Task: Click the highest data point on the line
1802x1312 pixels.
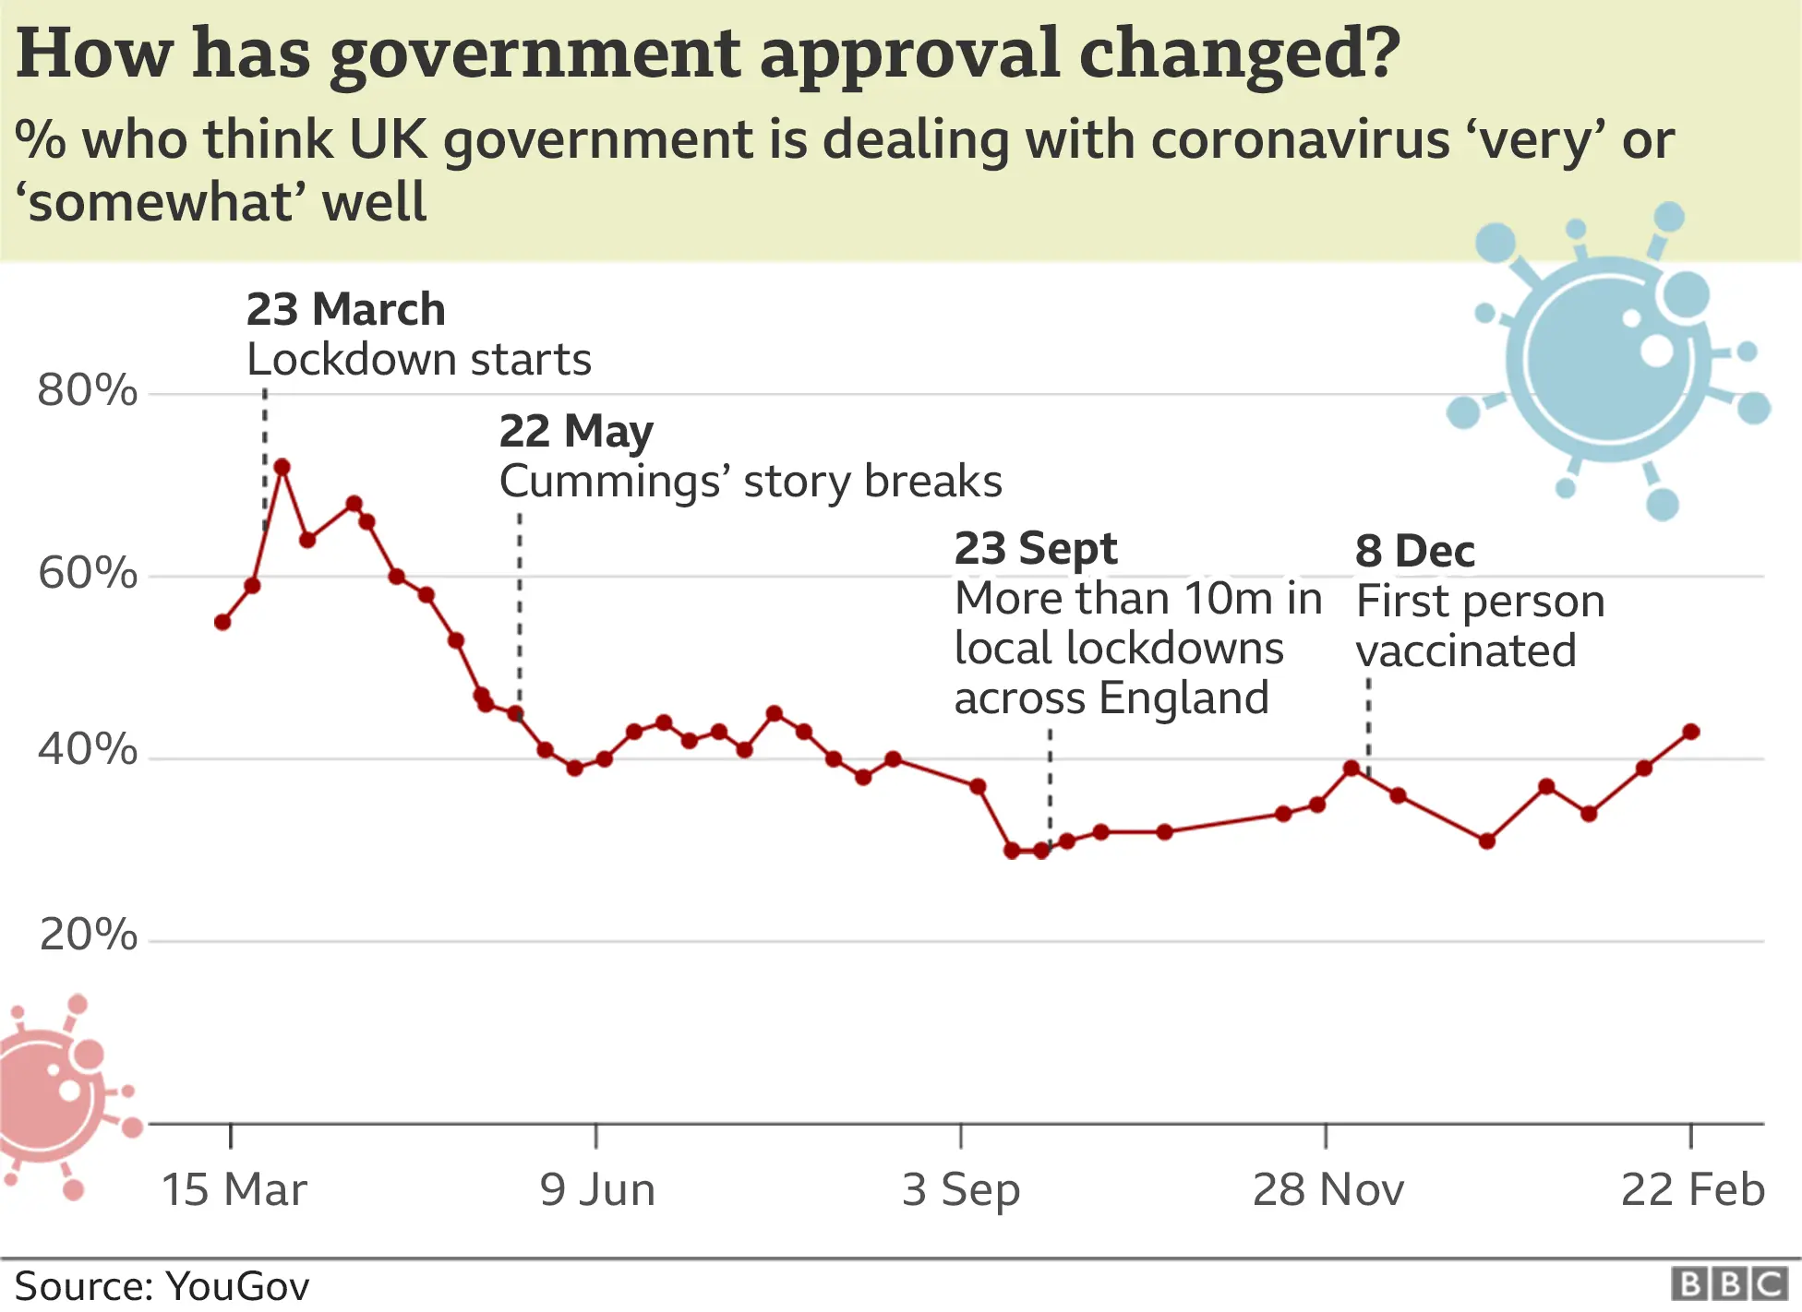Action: click(x=282, y=467)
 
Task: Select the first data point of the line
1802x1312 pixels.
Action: click(x=222, y=622)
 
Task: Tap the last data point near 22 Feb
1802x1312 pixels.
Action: click(x=1691, y=732)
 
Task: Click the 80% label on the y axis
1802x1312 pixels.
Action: click(x=88, y=390)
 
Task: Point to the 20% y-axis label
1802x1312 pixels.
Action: click(x=88, y=935)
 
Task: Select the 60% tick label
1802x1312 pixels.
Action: click(x=88, y=573)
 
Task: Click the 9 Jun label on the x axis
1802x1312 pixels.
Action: click(x=597, y=1189)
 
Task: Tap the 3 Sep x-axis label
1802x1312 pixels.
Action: click(x=961, y=1189)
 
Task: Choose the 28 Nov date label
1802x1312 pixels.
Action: click(x=1327, y=1189)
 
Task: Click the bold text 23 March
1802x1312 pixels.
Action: click(x=345, y=309)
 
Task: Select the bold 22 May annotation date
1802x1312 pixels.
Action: click(x=576, y=431)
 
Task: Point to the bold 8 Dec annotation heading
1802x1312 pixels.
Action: click(x=1414, y=551)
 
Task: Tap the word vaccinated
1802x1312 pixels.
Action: click(x=1466, y=650)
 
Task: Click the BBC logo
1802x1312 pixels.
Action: click(x=1729, y=1284)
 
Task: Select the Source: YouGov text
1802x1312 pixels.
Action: click(x=162, y=1286)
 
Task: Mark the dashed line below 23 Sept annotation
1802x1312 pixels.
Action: click(x=1050, y=784)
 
